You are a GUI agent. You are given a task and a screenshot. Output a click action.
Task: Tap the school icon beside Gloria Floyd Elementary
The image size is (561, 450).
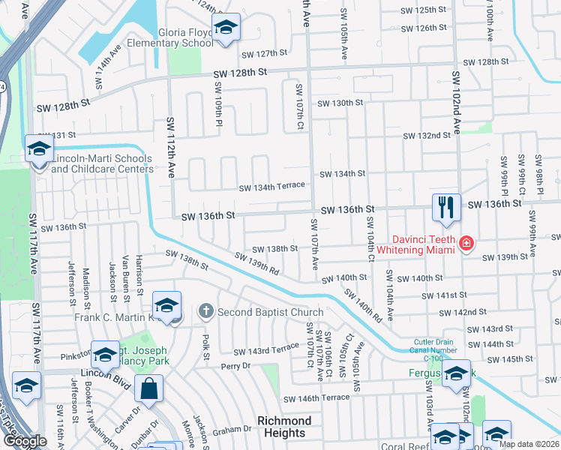point(225,28)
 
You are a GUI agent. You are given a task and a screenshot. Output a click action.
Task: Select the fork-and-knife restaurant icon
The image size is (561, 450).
point(447,208)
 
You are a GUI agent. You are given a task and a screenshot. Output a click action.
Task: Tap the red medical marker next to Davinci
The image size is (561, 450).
point(466,243)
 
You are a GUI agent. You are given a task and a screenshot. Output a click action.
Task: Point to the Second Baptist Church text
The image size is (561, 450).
point(271,312)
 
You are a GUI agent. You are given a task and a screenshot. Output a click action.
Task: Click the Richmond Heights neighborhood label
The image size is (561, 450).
point(284,427)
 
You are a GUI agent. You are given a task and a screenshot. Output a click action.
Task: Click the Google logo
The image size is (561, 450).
point(24,441)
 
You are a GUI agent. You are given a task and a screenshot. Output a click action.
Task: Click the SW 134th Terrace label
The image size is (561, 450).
point(271,186)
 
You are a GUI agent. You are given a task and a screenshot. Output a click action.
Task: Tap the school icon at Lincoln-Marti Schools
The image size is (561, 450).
point(38,149)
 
